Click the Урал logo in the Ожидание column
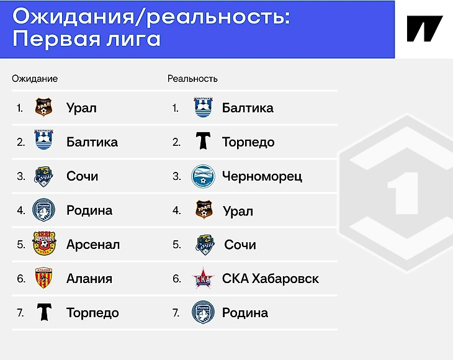click(43, 107)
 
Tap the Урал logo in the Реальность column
click(204, 209)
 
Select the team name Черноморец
click(262, 176)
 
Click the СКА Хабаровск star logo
click(203, 278)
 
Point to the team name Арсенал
click(93, 245)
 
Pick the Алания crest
click(43, 277)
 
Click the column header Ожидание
click(35, 79)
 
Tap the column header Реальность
click(192, 79)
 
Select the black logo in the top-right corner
click(424, 29)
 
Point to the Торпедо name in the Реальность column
click(248, 142)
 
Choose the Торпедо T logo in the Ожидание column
click(44, 312)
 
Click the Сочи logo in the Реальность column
click(205, 245)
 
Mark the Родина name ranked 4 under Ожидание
click(89, 210)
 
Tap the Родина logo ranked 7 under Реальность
click(203, 312)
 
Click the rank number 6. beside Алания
click(21, 279)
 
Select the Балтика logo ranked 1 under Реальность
click(204, 107)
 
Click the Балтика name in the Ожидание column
click(92, 142)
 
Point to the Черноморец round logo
click(203, 176)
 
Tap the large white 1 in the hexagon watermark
click(404, 193)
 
